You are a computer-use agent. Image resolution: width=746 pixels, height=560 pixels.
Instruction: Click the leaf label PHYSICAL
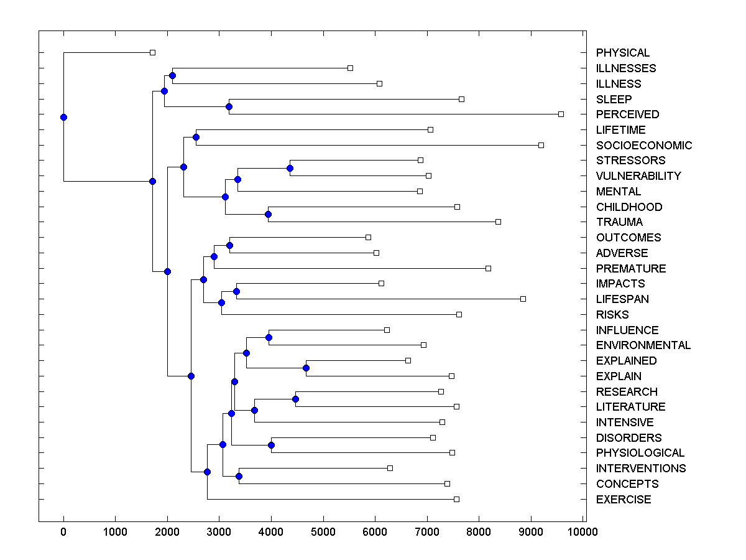tap(623, 53)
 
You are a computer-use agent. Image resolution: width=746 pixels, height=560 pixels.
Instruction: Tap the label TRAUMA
tap(619, 222)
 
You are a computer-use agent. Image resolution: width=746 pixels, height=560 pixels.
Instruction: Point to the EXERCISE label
tap(624, 500)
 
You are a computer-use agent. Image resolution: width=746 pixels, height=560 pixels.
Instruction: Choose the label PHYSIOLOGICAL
tap(640, 453)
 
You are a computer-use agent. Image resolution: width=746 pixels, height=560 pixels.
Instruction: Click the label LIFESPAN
tap(622, 299)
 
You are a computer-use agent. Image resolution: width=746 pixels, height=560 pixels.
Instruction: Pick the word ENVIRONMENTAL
tap(643, 345)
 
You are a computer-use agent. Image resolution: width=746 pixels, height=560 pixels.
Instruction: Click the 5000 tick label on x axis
tap(323, 531)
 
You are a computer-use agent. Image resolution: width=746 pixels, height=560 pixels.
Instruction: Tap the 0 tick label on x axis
tap(63, 531)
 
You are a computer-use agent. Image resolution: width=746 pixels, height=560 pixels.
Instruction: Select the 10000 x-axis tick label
tap(583, 531)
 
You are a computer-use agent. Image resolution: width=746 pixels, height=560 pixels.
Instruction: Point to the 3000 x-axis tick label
tap(219, 531)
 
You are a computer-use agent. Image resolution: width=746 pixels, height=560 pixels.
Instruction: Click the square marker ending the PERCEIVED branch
tap(561, 114)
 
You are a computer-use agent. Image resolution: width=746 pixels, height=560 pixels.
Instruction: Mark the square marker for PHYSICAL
tap(152, 52)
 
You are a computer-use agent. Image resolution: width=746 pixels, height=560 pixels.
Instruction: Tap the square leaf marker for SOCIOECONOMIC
tap(541, 145)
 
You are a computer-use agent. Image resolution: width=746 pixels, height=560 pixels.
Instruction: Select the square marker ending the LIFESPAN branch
tap(523, 299)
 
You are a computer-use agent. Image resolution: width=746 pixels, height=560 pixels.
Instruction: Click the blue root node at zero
tap(63, 117)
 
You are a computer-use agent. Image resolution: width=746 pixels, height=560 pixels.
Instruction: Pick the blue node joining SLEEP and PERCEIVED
tap(229, 106)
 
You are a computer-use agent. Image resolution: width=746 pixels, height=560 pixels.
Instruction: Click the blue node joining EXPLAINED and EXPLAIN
tap(306, 368)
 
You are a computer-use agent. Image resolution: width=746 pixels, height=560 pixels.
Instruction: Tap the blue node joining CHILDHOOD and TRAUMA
tap(269, 214)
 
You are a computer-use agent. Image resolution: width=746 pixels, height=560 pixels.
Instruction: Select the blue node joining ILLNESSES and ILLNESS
tap(172, 75)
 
